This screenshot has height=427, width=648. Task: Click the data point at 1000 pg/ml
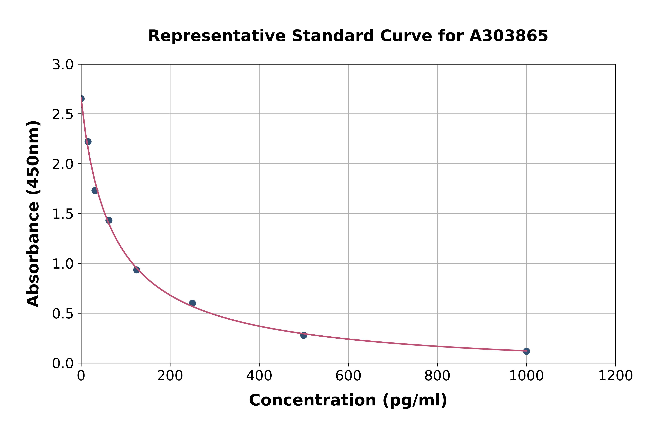pyautogui.click(x=526, y=351)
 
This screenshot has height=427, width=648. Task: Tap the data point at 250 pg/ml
pyautogui.click(x=192, y=303)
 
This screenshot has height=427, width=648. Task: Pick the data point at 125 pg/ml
pyautogui.click(x=137, y=270)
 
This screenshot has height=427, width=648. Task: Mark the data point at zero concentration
pyautogui.click(x=81, y=99)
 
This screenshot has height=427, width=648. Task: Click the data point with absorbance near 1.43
pyautogui.click(x=109, y=220)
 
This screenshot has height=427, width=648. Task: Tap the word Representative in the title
pyautogui.click(x=217, y=36)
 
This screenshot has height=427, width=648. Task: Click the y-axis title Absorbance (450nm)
pyautogui.click(x=33, y=214)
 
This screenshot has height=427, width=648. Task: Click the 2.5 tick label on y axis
pyautogui.click(x=63, y=115)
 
